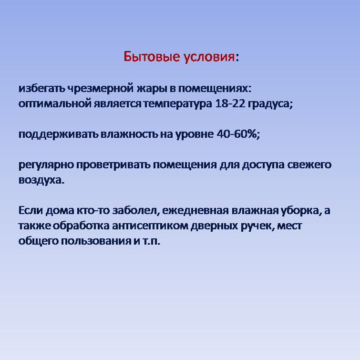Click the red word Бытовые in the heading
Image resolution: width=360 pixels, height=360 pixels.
click(x=152, y=56)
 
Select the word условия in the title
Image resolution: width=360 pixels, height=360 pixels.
click(x=209, y=57)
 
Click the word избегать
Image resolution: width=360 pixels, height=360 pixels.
click(x=42, y=88)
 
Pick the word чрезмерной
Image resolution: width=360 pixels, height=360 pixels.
click(x=100, y=89)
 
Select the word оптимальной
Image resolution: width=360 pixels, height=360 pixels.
click(x=55, y=104)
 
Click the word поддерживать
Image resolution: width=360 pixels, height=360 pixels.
click(x=59, y=134)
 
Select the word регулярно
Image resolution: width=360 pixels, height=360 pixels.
click(x=46, y=165)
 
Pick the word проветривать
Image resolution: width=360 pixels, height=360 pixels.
click(x=113, y=165)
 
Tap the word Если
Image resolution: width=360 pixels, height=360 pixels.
click(x=31, y=210)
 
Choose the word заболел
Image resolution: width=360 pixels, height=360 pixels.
click(x=134, y=210)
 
